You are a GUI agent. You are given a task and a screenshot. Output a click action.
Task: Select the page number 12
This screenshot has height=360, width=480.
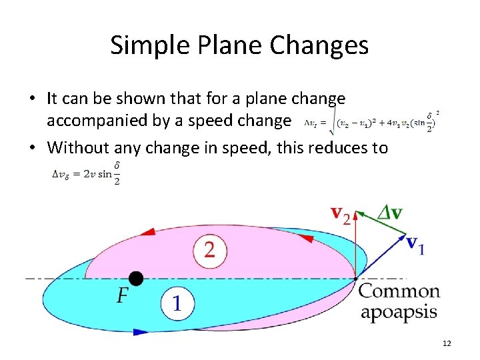coord(447,343)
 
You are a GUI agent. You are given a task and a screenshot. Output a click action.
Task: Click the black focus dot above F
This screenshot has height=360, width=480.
coord(136,278)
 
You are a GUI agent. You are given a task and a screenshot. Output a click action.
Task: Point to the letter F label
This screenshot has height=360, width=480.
coord(123,297)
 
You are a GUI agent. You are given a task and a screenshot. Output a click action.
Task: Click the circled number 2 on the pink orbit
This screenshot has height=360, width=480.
coord(210,251)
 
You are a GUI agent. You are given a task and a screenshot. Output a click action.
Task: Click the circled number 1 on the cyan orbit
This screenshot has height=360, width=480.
coord(176,303)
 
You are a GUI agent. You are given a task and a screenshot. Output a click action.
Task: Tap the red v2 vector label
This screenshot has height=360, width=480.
coord(341,215)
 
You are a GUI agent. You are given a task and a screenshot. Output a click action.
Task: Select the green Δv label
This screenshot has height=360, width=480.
coord(389,213)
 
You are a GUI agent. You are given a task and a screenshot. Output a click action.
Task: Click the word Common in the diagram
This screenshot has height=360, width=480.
coord(399,292)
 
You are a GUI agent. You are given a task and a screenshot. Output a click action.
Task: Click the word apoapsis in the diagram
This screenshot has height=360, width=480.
coord(399,313)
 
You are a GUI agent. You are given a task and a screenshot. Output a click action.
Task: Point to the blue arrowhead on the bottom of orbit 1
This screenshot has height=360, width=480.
coord(141,331)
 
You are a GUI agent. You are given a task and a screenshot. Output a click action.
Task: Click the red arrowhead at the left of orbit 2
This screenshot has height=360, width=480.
coord(148,232)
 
